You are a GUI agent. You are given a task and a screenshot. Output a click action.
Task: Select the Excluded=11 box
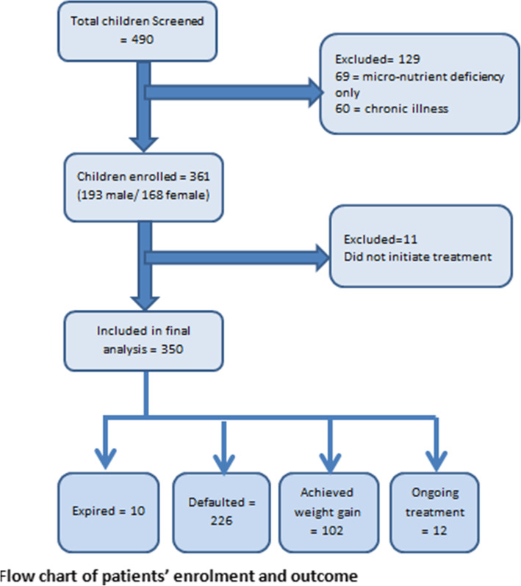pyautogui.click(x=420, y=247)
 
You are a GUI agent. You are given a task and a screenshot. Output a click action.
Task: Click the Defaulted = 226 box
pyautogui.click(x=223, y=510)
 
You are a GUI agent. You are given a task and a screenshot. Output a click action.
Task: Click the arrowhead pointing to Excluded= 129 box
pyautogui.click(x=313, y=92)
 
